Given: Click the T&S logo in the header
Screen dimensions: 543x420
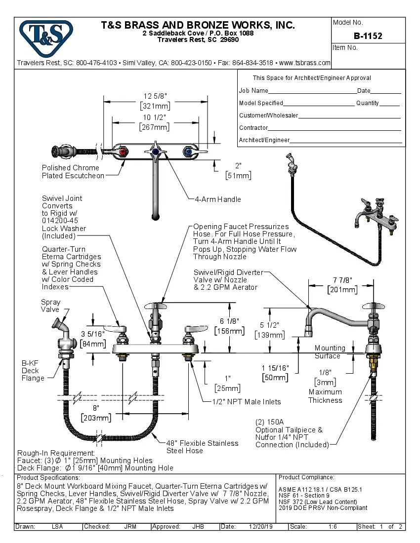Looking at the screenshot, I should [45, 35].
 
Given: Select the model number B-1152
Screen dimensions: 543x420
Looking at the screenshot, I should [368, 36].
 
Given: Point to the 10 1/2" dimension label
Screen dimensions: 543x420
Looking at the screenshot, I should [155, 122].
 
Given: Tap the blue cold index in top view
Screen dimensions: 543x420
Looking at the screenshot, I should [187, 152].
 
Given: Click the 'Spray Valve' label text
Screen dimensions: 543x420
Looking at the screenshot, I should [50, 306].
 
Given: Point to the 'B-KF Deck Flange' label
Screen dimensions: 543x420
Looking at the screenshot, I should [33, 370].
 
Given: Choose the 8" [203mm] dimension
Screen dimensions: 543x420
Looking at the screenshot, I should [96, 413].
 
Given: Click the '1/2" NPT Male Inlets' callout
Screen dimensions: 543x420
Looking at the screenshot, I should [247, 402].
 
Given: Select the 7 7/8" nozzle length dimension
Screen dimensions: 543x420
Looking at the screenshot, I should [342, 285].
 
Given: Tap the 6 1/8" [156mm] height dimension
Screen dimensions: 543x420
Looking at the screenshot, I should [229, 326].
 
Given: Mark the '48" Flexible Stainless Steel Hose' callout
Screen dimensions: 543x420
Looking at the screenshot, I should [202, 447].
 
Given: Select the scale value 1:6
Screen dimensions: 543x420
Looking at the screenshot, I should [333, 527].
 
